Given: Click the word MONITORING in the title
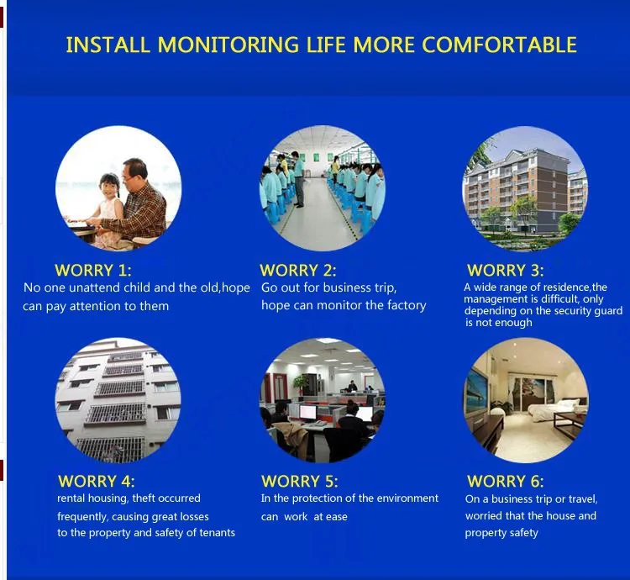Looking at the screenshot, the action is tap(228, 45).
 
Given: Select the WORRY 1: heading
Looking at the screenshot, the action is tap(92, 270).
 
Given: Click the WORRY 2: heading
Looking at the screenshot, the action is tap(297, 270).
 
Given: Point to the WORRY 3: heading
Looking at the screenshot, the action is tap(505, 270).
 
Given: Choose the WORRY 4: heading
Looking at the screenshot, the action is tap(96, 481).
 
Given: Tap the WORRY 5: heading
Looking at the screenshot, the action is tap(299, 481).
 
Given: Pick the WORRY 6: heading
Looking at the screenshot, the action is tap(505, 481).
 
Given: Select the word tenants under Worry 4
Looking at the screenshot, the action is tap(218, 533).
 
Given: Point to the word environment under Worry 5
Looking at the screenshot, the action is tap(407, 498).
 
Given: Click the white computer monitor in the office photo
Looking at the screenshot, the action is tap(307, 412).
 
